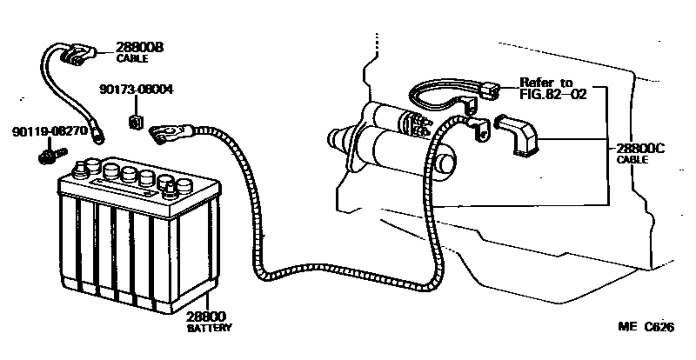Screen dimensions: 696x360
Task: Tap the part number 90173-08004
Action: tap(137, 89)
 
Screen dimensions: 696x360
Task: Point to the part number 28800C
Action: tap(640, 149)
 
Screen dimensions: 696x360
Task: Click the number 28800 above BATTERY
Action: tap(207, 319)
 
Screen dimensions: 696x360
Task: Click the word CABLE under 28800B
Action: tap(132, 58)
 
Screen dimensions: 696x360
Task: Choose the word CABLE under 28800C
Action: tap(632, 161)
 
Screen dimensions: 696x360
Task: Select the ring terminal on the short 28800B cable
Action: tap(102, 135)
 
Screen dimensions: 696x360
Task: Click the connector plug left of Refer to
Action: tap(491, 90)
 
